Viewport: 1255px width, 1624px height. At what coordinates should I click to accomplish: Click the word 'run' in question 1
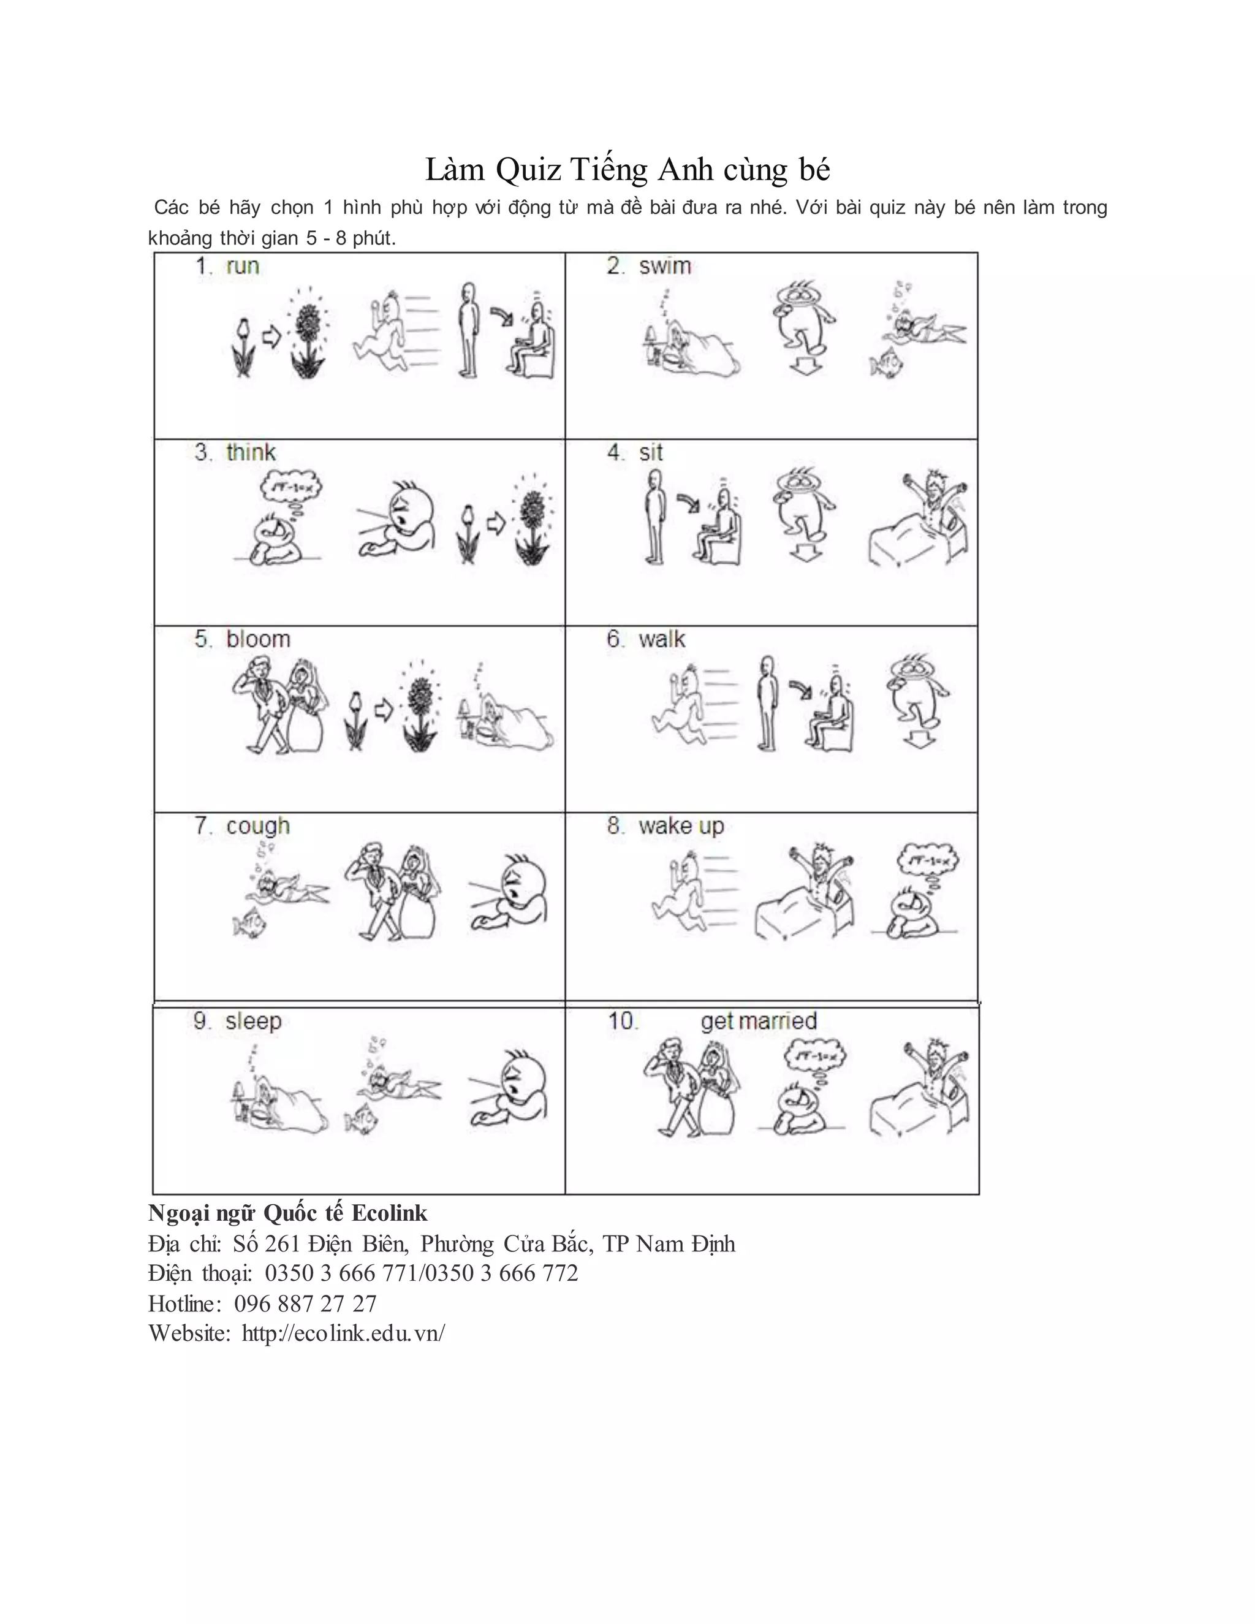(x=243, y=266)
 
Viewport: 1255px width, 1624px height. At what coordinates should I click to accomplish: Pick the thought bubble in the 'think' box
(x=290, y=487)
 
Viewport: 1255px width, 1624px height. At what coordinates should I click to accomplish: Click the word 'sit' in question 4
(x=651, y=453)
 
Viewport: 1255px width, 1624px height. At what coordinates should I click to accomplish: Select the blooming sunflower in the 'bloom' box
(x=419, y=707)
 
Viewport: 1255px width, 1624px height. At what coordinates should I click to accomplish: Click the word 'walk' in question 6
(x=662, y=639)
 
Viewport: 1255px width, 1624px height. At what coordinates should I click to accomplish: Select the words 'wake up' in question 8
(x=680, y=826)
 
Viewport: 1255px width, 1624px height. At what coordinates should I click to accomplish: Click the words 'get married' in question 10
(x=759, y=1021)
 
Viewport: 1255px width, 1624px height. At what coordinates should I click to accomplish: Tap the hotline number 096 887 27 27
(x=305, y=1303)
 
